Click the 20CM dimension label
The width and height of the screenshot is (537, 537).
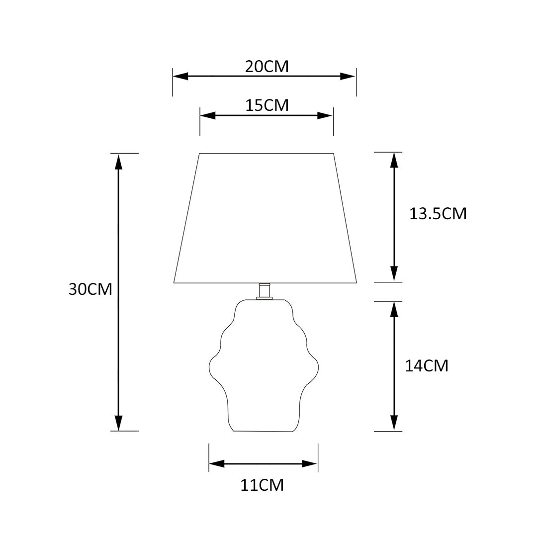click(267, 67)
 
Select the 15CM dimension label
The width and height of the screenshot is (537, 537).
click(267, 105)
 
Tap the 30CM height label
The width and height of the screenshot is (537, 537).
click(90, 289)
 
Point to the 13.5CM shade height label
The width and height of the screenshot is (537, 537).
click(438, 214)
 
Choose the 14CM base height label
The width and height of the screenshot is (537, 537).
click(427, 366)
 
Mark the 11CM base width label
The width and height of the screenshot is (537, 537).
click(263, 485)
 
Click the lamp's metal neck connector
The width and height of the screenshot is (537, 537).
click(264, 291)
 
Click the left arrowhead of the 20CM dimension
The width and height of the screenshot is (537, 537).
click(180, 77)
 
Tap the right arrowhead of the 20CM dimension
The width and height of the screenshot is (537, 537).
click(348, 77)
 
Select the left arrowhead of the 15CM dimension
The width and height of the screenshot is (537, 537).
click(208, 116)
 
